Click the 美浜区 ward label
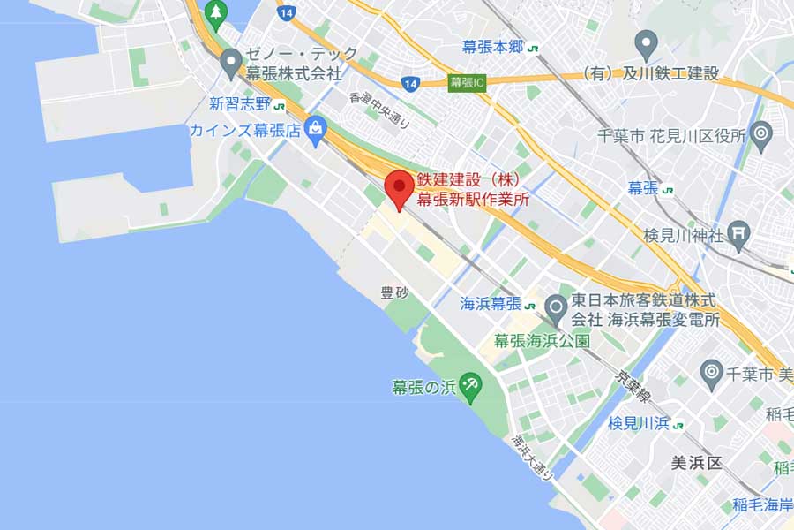click(696, 463)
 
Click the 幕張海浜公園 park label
click(542, 340)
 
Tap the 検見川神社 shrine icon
click(739, 235)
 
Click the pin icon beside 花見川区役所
click(760, 134)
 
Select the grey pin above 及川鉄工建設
click(647, 44)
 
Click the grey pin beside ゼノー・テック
click(231, 62)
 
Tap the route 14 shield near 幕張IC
click(408, 83)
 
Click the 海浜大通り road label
click(533, 455)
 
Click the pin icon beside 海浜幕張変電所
click(555, 308)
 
